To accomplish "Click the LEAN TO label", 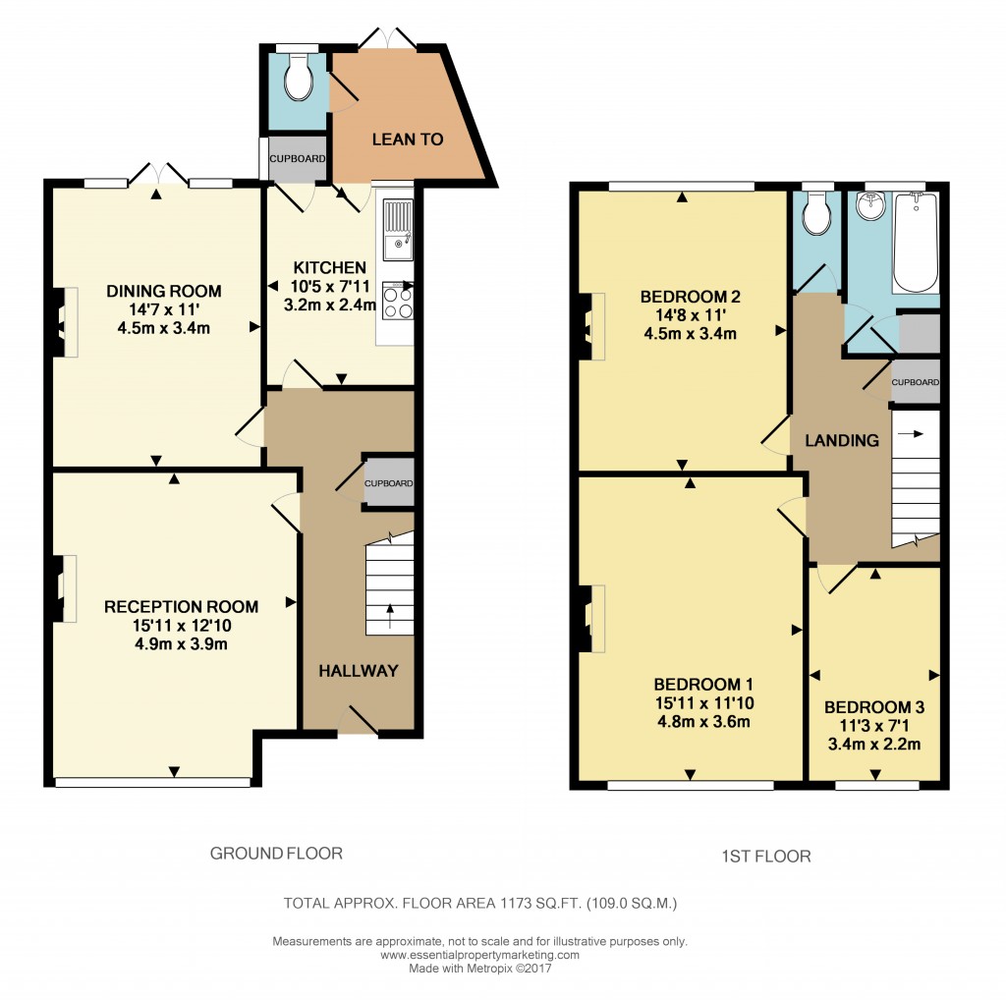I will point(407,139).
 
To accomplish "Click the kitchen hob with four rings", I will point(397,302).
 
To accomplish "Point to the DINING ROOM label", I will point(164,292).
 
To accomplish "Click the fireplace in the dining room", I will point(65,321).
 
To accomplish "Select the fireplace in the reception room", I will point(64,587).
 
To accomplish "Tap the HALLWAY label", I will point(358,671).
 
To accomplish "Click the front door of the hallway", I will point(358,722).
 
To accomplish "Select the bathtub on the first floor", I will point(915,242).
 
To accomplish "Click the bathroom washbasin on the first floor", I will point(868,207).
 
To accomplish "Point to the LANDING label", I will point(842,441).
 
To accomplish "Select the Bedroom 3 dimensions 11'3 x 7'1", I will point(873,725).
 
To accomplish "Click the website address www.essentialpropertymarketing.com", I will point(479,955).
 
